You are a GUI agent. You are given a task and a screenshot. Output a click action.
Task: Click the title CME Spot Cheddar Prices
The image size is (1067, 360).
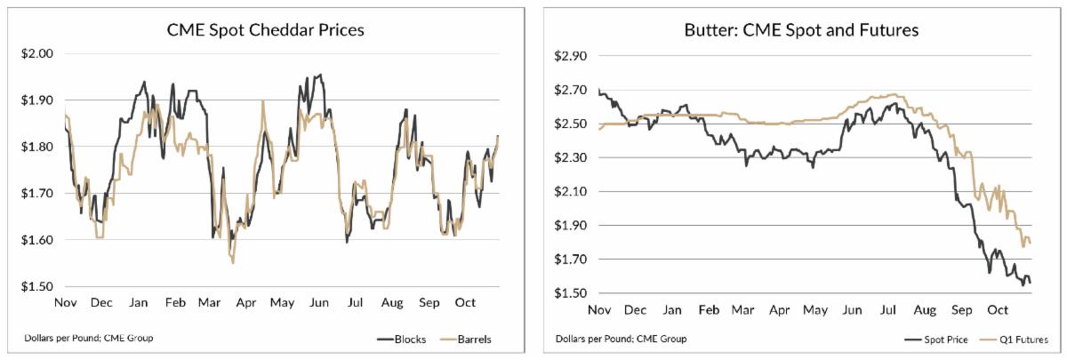coord(266,29)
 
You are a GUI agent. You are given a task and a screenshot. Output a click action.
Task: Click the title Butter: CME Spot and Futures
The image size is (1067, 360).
coord(801,29)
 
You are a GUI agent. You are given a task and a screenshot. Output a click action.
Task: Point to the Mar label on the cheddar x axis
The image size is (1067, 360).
coord(209,303)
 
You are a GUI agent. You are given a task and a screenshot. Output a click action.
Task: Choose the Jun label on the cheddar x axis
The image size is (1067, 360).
coord(317,303)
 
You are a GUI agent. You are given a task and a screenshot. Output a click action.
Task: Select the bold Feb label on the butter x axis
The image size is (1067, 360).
coord(708,311)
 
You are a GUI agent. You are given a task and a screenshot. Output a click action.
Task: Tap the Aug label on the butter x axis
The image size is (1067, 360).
coord(925,311)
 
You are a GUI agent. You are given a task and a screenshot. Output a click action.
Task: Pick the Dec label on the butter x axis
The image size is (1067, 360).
coord(636,311)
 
